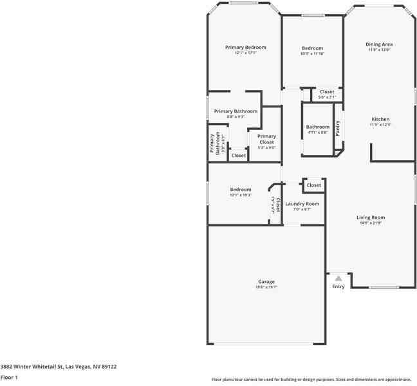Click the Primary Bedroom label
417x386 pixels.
click(x=245, y=47)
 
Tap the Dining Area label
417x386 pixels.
click(x=380, y=44)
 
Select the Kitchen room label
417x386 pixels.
click(x=380, y=119)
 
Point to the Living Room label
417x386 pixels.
click(x=370, y=217)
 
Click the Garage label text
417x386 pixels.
click(x=266, y=282)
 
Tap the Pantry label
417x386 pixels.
click(x=337, y=128)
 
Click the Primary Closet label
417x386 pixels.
click(x=266, y=139)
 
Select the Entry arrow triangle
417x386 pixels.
click(x=338, y=278)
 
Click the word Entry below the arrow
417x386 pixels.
click(x=338, y=286)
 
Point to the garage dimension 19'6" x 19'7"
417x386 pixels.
click(x=266, y=287)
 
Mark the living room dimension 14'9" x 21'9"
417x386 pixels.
click(x=370, y=223)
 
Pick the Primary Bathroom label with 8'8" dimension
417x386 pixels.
click(x=236, y=111)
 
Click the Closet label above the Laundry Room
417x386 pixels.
click(x=313, y=185)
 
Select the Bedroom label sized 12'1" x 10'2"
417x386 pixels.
click(x=241, y=189)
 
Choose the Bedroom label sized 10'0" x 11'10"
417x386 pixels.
click(x=312, y=48)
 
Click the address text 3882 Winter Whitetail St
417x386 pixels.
click(x=59, y=367)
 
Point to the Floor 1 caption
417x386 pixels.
click(x=9, y=377)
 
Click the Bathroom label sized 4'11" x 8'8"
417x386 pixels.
click(x=317, y=127)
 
